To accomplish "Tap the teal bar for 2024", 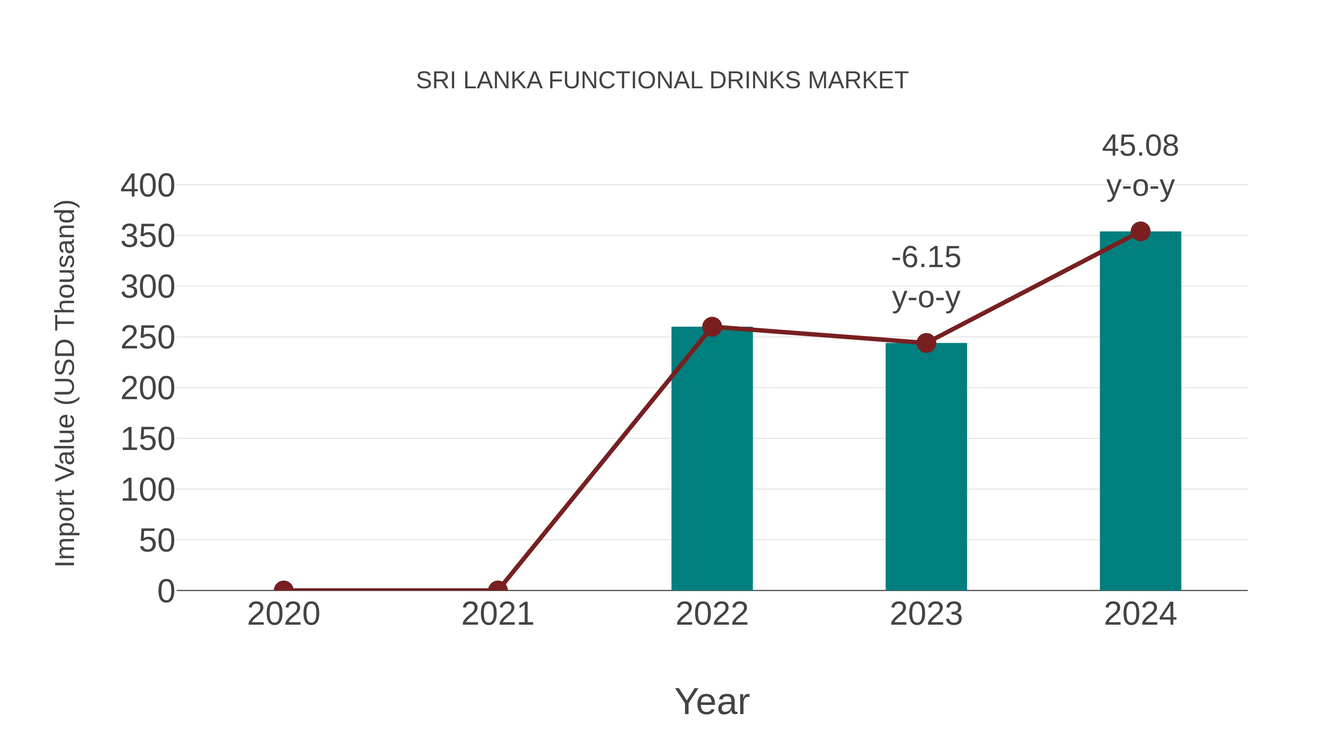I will (1140, 411).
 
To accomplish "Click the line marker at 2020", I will (283, 589).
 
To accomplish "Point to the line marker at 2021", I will (497, 589).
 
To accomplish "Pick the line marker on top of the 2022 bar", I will (712, 326).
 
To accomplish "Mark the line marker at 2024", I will (1140, 232).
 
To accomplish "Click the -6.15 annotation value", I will (926, 257).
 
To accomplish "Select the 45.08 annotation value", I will (1140, 146).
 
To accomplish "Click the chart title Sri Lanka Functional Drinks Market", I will (662, 81).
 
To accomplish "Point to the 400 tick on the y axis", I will (148, 186).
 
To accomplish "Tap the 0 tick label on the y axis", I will (166, 591).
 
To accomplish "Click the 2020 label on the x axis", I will (283, 614).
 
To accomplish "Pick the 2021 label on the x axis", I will (497, 614).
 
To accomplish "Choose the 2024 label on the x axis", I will (1140, 614).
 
